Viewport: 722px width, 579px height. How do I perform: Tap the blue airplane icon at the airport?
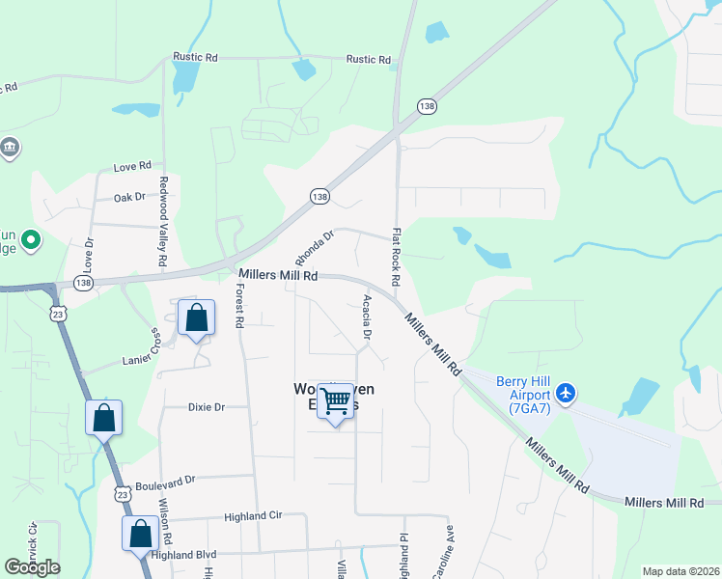point(566,393)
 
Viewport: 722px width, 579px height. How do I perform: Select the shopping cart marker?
point(336,401)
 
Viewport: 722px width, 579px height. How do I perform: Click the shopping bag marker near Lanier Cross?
point(197,317)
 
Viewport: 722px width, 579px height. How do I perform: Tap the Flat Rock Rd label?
point(396,256)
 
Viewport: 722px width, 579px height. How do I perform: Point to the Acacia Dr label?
point(367,317)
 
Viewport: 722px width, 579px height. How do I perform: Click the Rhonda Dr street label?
point(314,246)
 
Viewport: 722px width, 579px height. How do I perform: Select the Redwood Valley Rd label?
point(163,222)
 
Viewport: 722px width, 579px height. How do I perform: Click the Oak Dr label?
point(128,197)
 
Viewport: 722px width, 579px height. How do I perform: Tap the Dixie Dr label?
point(206,407)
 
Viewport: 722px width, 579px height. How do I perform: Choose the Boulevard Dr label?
point(165,479)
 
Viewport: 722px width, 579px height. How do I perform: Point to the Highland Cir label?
point(253,516)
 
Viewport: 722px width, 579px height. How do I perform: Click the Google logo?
point(32,567)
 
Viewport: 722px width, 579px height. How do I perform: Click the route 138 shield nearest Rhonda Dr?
point(319,196)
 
